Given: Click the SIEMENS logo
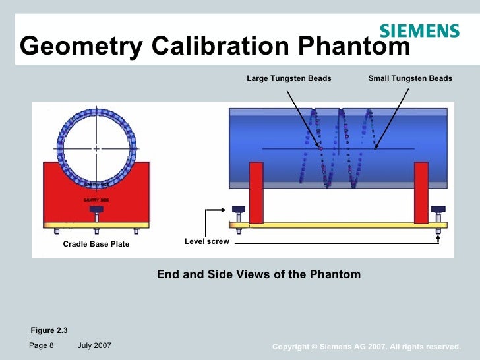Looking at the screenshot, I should (x=419, y=30).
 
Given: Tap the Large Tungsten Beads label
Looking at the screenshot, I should (x=289, y=78).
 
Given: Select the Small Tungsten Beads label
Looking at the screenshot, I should (x=410, y=78).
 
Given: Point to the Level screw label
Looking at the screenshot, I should (x=207, y=241).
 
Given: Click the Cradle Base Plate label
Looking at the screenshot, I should (x=96, y=244).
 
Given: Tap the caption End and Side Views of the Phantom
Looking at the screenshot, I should (x=258, y=274).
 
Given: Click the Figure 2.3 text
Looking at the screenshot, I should (x=49, y=330).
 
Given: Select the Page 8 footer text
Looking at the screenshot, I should (x=41, y=345).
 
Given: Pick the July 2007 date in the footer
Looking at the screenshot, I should (x=94, y=345).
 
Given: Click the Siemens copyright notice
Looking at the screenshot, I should (x=366, y=347).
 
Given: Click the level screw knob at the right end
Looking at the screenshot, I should (x=438, y=210).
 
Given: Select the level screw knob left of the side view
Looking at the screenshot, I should (x=239, y=210).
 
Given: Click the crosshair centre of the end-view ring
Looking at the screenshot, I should (x=96, y=148).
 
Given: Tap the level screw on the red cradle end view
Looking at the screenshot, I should (x=96, y=212).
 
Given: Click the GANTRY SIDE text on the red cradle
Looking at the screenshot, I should (x=96, y=199).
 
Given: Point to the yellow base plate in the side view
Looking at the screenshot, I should (x=343, y=225).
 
